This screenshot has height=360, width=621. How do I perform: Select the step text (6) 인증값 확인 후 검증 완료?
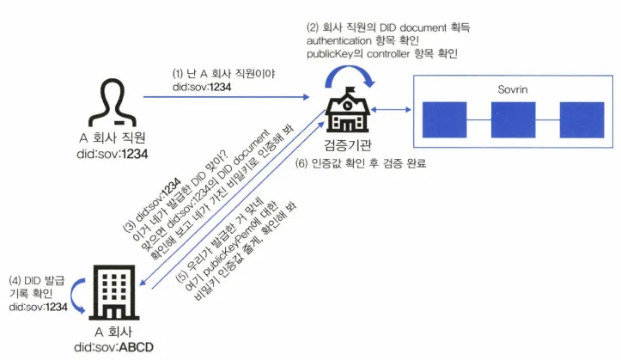click(x=360, y=163)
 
